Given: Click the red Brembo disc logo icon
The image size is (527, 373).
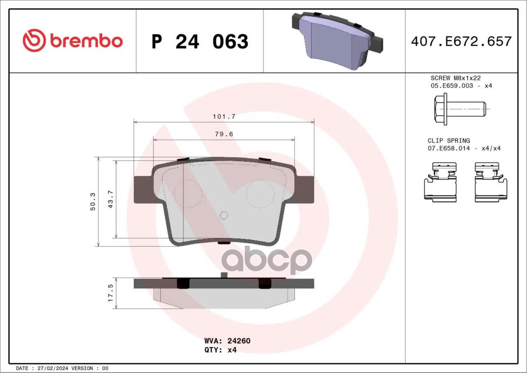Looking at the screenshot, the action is pos(34,40).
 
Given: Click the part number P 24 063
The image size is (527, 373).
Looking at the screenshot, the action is pos(200,42).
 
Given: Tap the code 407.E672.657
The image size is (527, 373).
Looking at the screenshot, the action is pos(462,42).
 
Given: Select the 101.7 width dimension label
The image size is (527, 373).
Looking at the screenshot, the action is pos(224,117).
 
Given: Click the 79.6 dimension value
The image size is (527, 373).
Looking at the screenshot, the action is pos(224,134).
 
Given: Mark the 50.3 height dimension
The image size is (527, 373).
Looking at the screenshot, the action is pos(93,202).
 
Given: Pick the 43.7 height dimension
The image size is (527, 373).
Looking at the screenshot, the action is pos(110,199).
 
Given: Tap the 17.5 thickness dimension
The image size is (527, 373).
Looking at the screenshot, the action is pos(110,293).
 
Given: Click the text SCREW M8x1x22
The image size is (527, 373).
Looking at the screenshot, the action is pos(456,78).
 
